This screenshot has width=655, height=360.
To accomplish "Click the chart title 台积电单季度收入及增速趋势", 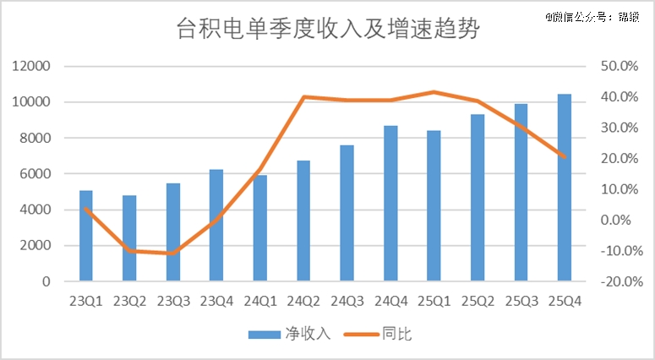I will click(327, 31).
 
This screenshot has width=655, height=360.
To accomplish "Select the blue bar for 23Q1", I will click(86, 236).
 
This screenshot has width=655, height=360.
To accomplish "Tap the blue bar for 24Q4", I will click(390, 204).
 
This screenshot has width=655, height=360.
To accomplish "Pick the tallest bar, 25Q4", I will click(565, 188).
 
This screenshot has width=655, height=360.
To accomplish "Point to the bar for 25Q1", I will click(434, 206).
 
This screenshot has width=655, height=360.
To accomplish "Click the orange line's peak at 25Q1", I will click(434, 92).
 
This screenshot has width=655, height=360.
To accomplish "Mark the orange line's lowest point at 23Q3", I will click(173, 253).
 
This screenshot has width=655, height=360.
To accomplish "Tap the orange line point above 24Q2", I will click(303, 97).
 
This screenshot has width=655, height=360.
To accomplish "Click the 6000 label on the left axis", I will click(35, 174).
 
